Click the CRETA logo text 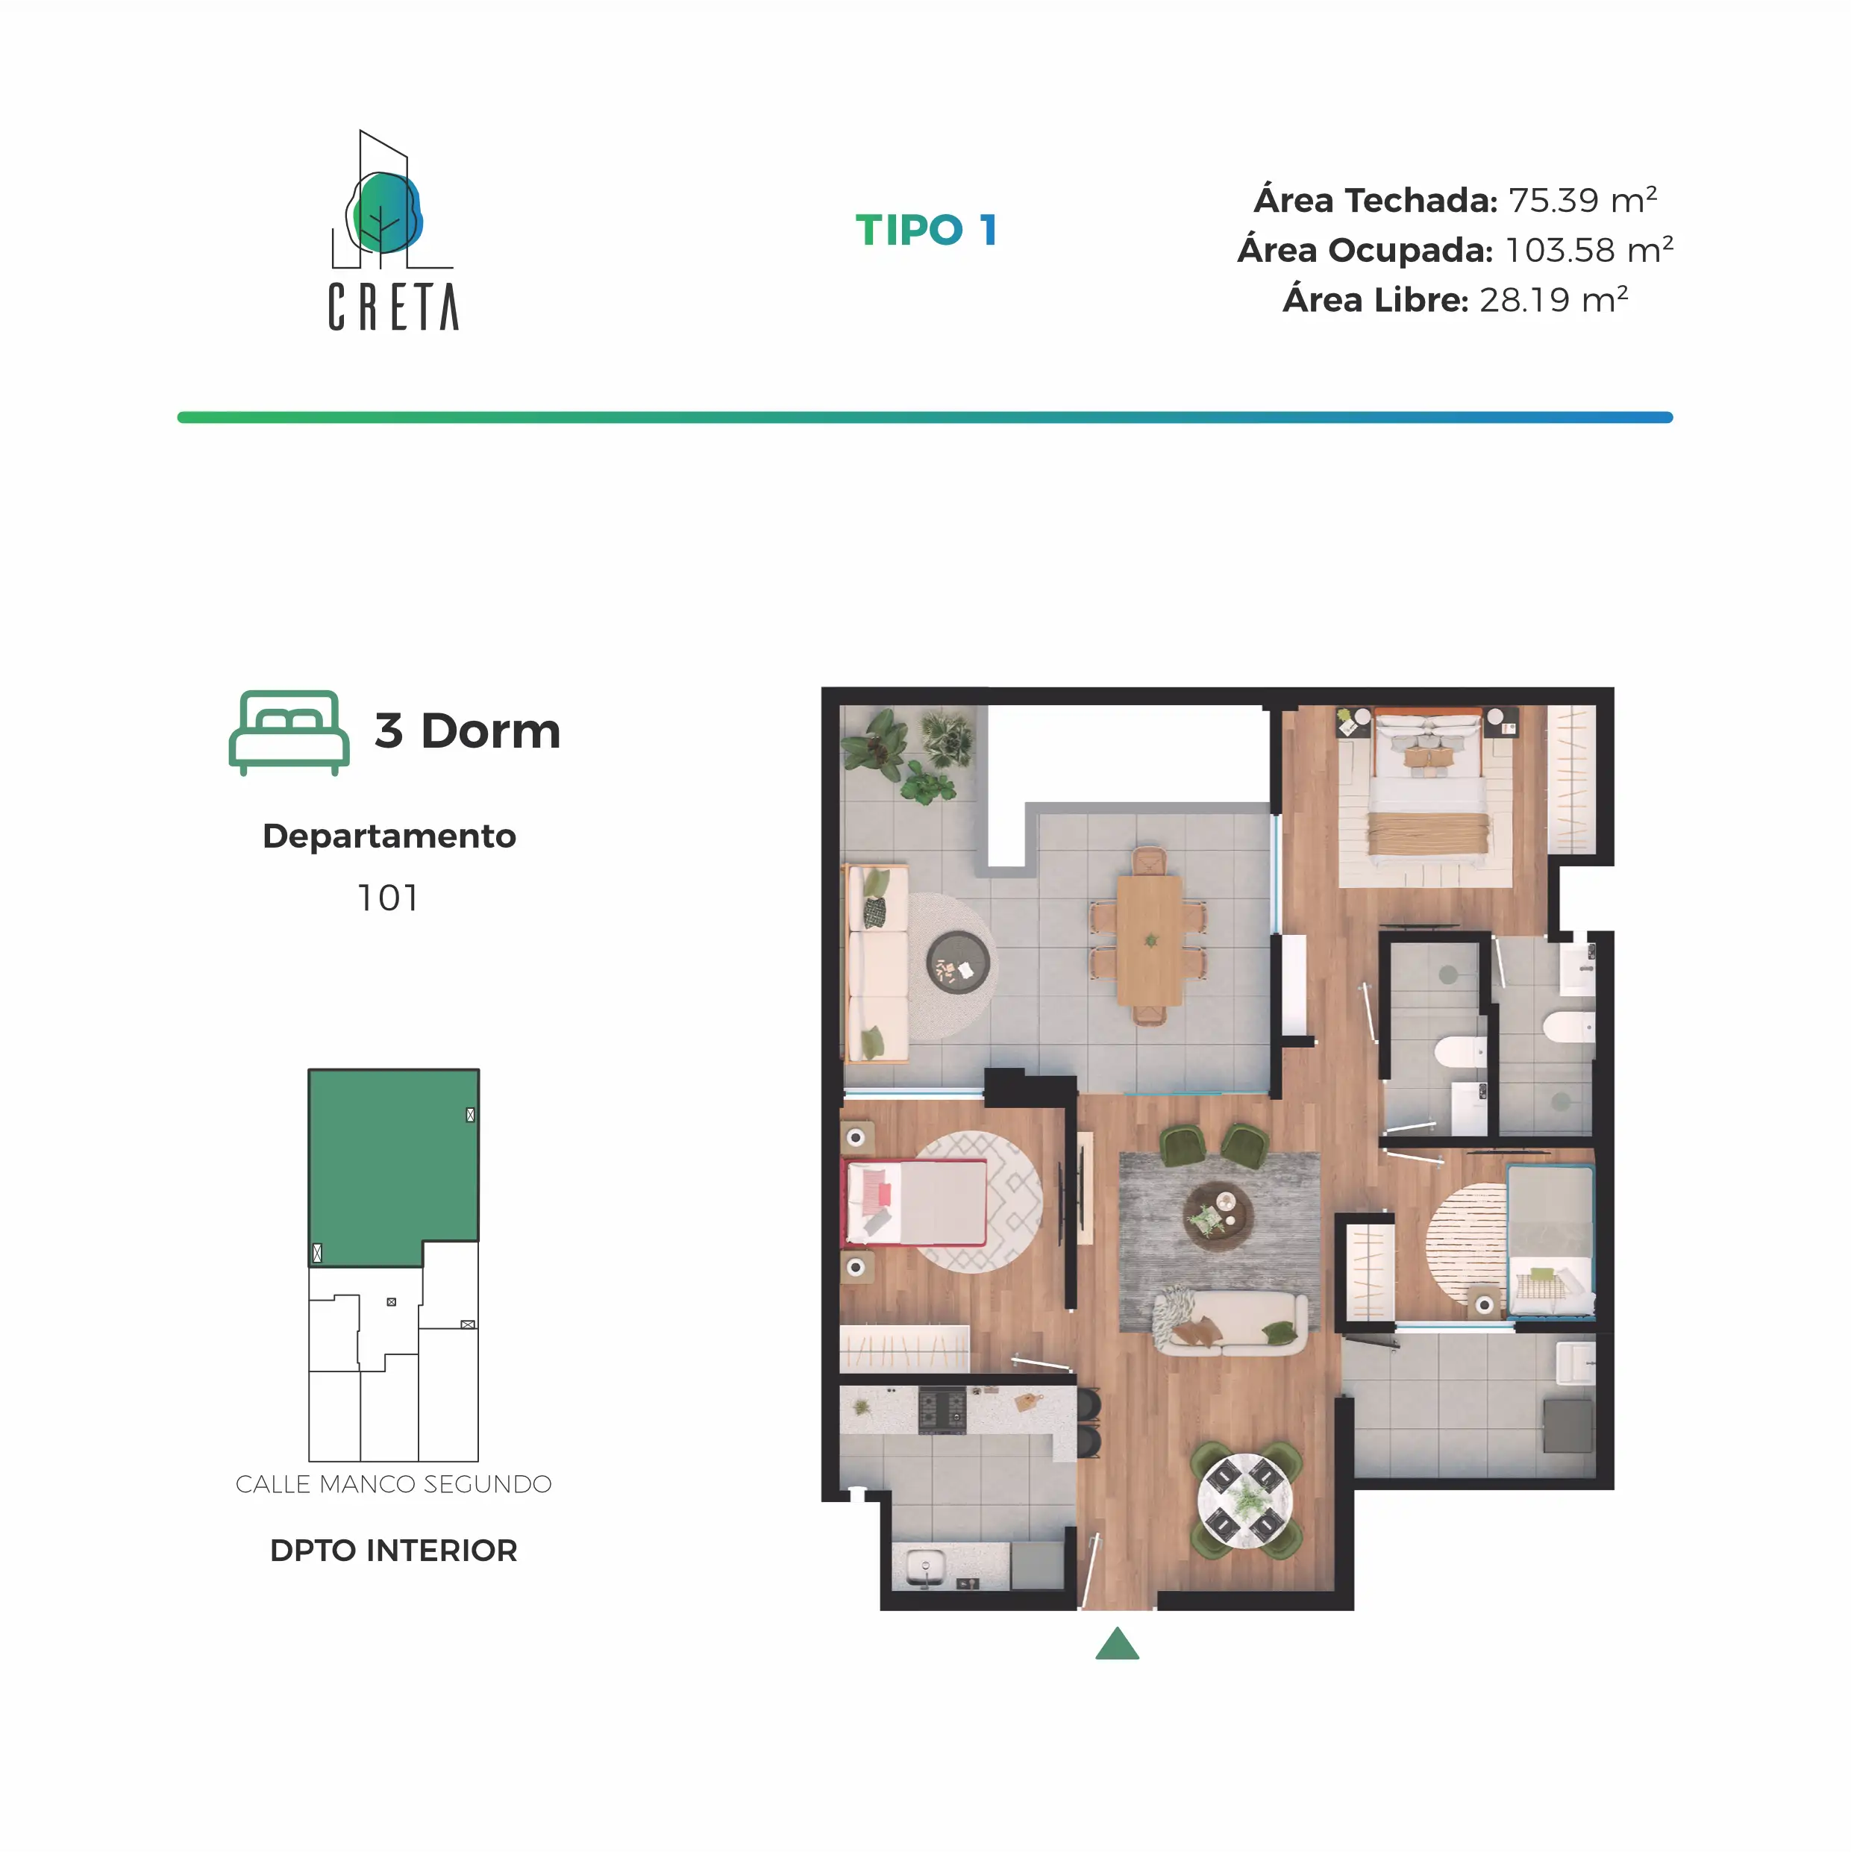coord(393,307)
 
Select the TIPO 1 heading coord(926,230)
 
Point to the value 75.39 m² coord(1582,199)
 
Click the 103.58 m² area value coord(1589,249)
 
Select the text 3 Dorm coord(467,731)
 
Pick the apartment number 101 coord(388,898)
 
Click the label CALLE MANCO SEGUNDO coord(393,1484)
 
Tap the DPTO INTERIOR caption coord(393,1550)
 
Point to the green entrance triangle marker coord(1117,1644)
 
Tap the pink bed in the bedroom coord(915,1202)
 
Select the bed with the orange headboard coord(1428,786)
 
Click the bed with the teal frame coord(1550,1240)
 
